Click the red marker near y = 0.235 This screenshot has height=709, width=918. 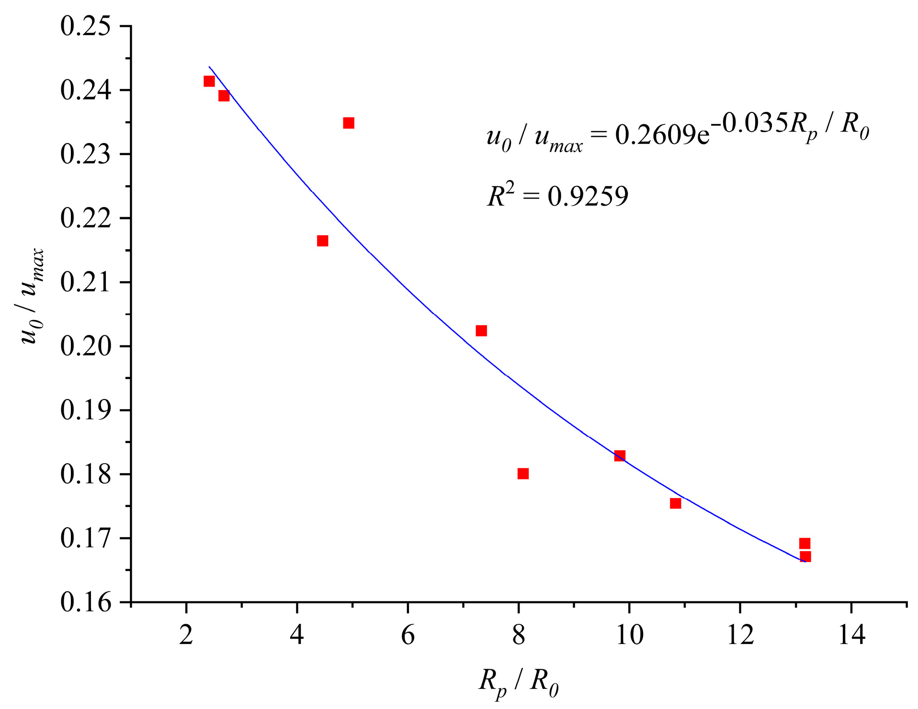349,123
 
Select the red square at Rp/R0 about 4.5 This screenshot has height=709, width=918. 322,241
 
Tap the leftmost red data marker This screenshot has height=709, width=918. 209,81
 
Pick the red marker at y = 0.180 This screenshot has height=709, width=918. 523,474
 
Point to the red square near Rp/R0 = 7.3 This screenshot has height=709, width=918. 481,331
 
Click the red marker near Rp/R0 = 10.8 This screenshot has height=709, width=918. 675,503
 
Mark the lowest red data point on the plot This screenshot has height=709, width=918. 805,556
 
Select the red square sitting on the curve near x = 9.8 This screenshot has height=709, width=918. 620,455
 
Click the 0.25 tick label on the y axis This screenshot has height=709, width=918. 85,26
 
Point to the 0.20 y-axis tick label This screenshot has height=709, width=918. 85,346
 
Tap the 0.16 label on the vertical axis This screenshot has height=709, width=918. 85,602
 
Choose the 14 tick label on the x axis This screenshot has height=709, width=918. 851,635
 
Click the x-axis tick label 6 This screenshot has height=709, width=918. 408,635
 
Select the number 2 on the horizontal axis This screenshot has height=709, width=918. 186,635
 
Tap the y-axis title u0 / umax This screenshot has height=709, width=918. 34,297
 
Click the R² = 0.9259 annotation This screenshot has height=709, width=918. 557,196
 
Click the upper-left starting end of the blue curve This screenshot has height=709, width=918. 210,67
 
